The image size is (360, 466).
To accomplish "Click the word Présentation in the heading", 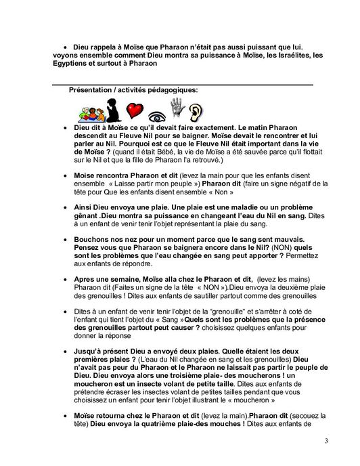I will click(93, 90).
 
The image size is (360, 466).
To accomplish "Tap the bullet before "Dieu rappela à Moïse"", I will click(64, 45).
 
